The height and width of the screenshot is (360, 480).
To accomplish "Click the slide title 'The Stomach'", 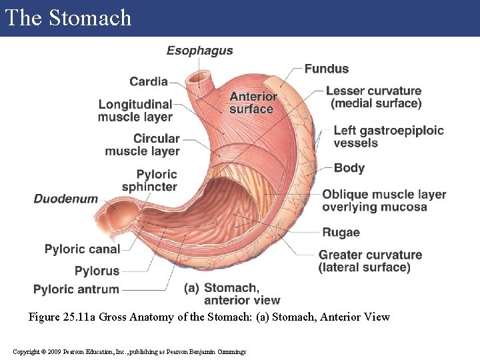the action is [68, 17].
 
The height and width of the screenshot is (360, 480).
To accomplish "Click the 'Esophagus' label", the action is [199, 51].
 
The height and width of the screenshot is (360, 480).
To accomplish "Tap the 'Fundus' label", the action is [327, 69].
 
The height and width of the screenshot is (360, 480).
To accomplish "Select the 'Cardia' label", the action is [149, 81].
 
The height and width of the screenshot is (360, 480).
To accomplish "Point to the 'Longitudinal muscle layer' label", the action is [135, 111].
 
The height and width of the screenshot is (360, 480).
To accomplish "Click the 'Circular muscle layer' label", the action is [143, 145].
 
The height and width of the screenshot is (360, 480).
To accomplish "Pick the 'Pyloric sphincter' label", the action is [150, 181].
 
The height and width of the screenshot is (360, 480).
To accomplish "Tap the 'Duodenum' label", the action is [66, 199].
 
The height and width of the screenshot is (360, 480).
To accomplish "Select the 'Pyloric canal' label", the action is [83, 249].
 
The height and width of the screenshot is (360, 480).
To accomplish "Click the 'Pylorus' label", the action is [97, 271].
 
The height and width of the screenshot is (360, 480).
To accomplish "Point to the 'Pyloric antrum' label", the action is [77, 289].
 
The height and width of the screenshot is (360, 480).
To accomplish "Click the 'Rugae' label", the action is [341, 233].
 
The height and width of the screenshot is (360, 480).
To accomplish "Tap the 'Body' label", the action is [349, 168].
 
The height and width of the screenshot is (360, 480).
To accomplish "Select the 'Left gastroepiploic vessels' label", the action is [389, 137].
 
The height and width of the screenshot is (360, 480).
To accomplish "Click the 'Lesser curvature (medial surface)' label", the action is [374, 97].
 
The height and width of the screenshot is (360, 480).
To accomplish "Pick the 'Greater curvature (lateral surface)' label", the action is [370, 261].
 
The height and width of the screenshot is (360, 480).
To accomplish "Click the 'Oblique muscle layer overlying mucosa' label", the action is [384, 201].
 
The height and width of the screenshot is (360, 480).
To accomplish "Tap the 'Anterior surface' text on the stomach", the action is [253, 103].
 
